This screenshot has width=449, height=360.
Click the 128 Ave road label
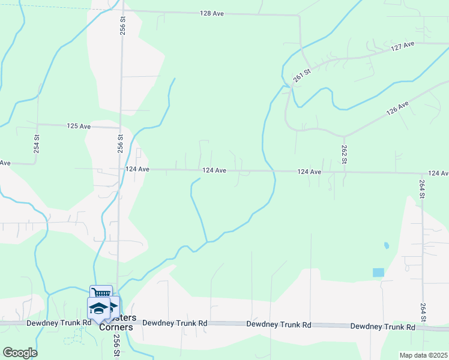pyautogui.click(x=212, y=13)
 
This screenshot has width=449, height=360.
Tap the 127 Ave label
pyautogui.click(x=403, y=47)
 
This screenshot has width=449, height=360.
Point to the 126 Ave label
pyautogui.click(x=397, y=109)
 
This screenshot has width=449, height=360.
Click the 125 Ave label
pyautogui.click(x=79, y=127)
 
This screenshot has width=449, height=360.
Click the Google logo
pyautogui.click(x=20, y=352)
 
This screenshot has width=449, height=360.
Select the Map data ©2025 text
pyautogui.click(x=423, y=355)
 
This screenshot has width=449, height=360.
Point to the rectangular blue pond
pyautogui.click(x=378, y=272)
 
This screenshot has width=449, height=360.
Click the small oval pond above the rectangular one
pyautogui.click(x=385, y=245)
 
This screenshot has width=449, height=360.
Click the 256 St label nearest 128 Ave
pyautogui.click(x=122, y=27)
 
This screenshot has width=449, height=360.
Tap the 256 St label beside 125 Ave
pyautogui.click(x=121, y=145)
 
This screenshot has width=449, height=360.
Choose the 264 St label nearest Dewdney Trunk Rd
pyautogui.click(x=423, y=311)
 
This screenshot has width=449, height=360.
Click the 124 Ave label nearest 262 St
pyautogui.click(x=310, y=172)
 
